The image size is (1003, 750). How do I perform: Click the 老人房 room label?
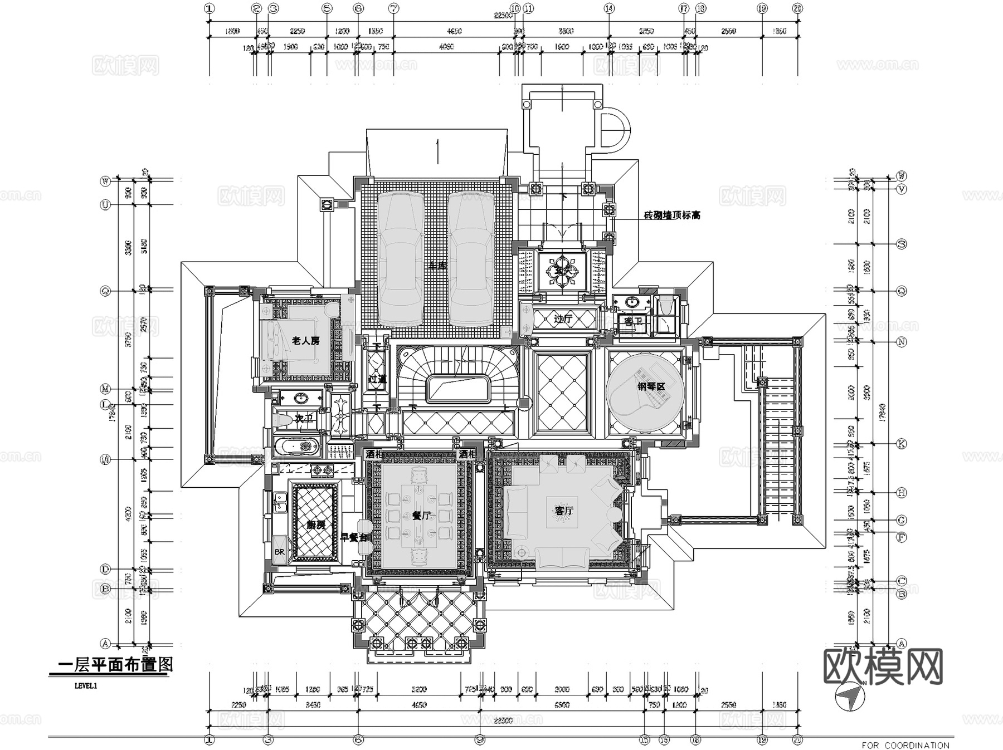pyautogui.click(x=305, y=340)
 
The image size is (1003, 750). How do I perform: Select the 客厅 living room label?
pyautogui.click(x=563, y=510)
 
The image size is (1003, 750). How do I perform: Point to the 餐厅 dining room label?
pyautogui.click(x=421, y=516)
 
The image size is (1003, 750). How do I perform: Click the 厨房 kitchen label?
pyautogui.click(x=315, y=524)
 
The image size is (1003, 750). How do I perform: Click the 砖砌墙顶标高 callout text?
pyautogui.click(x=672, y=215)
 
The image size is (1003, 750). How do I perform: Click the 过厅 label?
pyautogui.click(x=563, y=319)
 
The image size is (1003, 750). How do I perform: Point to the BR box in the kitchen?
pyautogui.click(x=279, y=552)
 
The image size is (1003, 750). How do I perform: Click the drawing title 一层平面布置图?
pyautogui.click(x=115, y=664)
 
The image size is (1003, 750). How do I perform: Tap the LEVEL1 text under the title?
pyautogui.click(x=86, y=686)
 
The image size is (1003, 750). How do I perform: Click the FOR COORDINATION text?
pyautogui.click(x=905, y=745)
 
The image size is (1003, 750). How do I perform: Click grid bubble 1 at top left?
pyautogui.click(x=209, y=8)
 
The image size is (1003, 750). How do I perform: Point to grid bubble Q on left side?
pyautogui.click(x=105, y=291)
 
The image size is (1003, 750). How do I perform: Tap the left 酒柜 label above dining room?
pyautogui.click(x=373, y=454)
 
